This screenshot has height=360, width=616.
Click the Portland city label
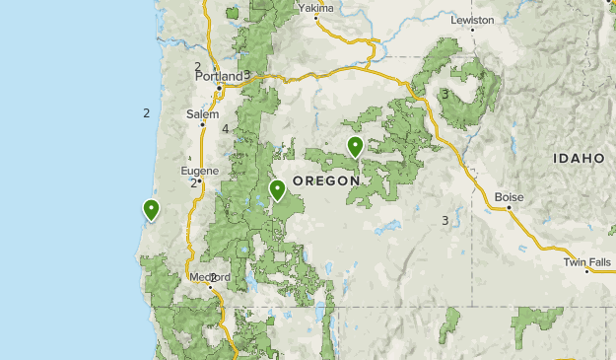coord(219,76)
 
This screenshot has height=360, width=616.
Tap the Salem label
coord(201,113)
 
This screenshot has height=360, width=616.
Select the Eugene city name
coord(199,171)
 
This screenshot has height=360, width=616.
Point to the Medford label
coord(209,277)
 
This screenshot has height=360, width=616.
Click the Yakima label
coord(315,8)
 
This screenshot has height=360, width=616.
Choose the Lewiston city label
coord(472,19)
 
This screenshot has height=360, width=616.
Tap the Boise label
coord(509,196)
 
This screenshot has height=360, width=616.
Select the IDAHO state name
coord(579,158)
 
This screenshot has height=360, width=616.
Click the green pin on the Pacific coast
coord(152,209)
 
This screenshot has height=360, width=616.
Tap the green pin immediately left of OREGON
coord(278,189)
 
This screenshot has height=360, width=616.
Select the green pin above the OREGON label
coord(355,147)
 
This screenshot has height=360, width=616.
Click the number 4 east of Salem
coord(226,129)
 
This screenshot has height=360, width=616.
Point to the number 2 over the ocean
coord(146,113)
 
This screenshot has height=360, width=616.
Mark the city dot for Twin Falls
coord(586,271)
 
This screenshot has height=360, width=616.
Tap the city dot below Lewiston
coord(471,30)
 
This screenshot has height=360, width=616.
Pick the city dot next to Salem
coord(203,124)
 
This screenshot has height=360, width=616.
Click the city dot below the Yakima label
coord(317,18)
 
